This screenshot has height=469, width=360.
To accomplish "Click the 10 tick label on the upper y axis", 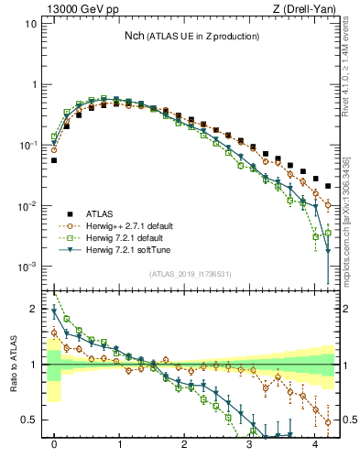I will tap(30, 24).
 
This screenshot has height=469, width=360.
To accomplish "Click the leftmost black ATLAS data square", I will tap(54, 160).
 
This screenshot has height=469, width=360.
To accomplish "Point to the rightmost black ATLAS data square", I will tap(328, 186).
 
